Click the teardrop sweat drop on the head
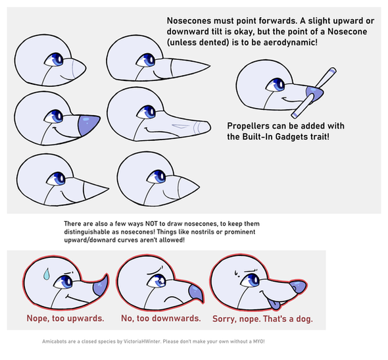46,274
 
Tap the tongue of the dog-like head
274,305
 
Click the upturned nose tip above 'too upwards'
101,286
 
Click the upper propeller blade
326,77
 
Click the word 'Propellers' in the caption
246,126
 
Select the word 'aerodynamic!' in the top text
290,42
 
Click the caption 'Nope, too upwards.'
65,318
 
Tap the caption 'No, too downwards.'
161,318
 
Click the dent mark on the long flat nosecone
180,126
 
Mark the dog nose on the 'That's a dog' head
298,287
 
